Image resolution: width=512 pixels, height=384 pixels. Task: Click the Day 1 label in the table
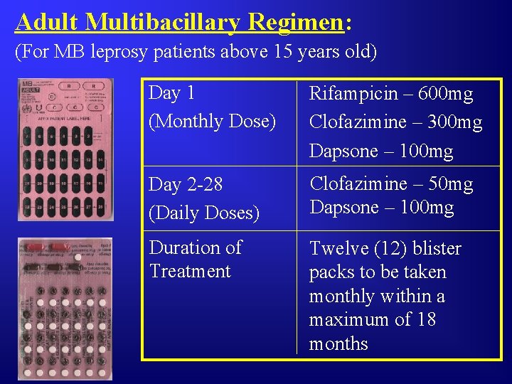pos(171,93)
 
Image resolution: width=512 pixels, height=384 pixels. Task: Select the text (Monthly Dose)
pos(212,122)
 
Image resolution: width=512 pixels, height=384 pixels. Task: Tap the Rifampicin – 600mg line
pos(390,93)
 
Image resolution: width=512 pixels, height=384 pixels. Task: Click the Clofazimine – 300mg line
pos(395,122)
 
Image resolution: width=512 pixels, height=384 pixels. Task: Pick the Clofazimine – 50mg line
pos(390,184)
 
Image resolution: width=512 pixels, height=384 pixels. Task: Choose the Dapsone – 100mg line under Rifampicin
pos(380,151)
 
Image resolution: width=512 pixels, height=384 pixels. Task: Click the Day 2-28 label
pos(186,185)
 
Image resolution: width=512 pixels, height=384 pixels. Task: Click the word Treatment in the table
pos(190,272)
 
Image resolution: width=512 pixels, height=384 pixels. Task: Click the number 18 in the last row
pos(425,320)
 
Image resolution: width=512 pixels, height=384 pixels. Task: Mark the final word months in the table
pos(338,344)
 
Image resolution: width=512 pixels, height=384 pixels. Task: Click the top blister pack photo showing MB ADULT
pos(65,149)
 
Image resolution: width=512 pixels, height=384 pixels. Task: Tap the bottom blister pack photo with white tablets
pos(65,310)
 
